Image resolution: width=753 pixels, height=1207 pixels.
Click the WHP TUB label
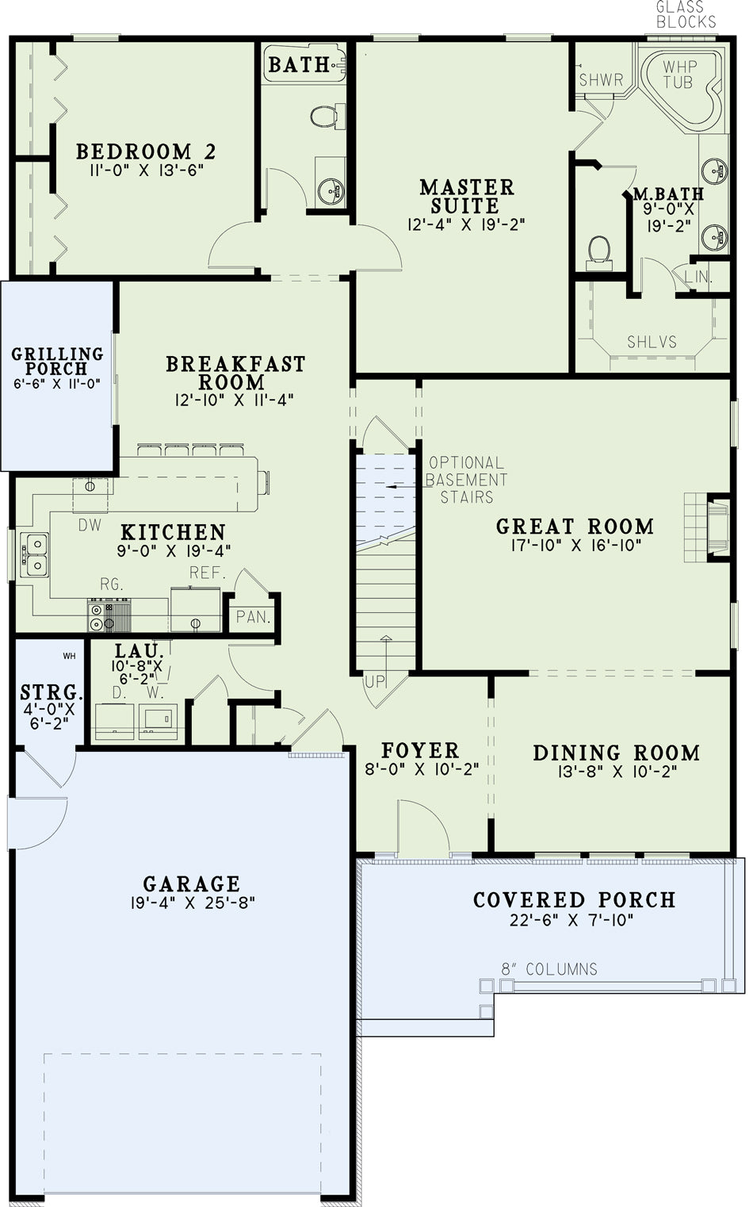(x=679, y=75)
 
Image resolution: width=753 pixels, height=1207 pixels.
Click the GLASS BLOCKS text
(x=686, y=14)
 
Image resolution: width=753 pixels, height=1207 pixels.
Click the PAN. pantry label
(x=253, y=617)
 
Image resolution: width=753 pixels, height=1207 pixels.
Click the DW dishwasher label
(x=90, y=525)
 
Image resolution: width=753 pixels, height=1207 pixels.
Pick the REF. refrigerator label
(x=208, y=573)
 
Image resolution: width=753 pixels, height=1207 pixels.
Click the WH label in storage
(x=70, y=656)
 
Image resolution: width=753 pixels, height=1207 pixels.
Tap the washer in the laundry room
(x=159, y=721)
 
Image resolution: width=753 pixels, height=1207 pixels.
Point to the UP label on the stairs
(x=376, y=682)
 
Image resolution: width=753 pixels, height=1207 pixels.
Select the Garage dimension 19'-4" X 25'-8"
(x=193, y=902)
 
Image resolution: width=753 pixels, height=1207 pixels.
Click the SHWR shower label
(x=601, y=80)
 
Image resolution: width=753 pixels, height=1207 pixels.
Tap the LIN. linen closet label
(x=698, y=277)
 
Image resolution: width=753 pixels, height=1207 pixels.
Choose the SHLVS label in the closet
(x=652, y=342)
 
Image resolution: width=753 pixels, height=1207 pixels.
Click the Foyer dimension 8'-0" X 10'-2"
(x=422, y=769)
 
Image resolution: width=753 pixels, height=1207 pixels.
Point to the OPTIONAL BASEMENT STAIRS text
(x=466, y=480)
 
